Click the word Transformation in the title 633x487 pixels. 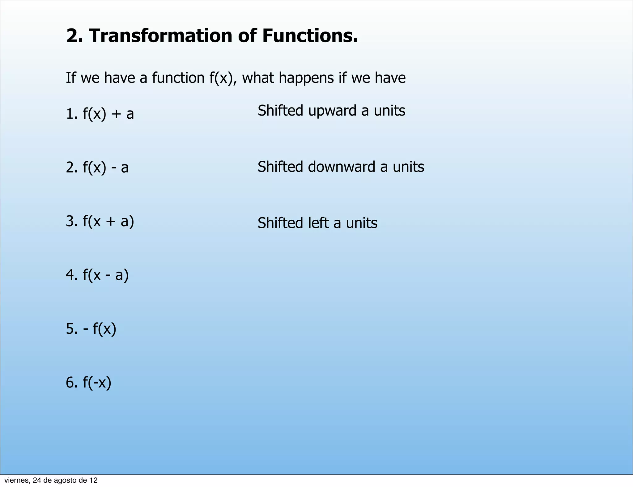160,36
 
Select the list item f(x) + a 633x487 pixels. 108,114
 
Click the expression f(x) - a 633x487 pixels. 105,167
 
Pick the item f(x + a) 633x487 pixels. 108,221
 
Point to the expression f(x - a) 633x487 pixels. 105,275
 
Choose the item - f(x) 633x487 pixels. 100,329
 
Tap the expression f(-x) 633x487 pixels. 97,383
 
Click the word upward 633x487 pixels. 332,111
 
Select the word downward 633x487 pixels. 342,167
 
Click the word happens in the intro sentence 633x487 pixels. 306,78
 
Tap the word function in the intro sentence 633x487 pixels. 178,78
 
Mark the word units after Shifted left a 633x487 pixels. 362,223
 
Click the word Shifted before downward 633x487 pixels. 280,167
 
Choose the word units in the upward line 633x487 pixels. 389,111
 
